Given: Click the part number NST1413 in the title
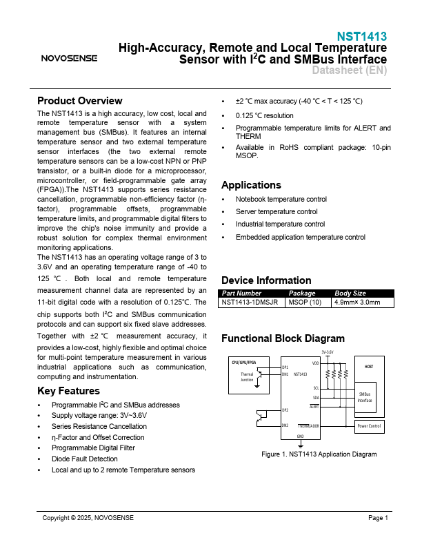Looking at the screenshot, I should point(361,37).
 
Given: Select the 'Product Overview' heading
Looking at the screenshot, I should point(79,100).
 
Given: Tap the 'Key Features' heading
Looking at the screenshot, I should point(68,391).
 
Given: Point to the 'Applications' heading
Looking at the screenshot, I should point(251,185).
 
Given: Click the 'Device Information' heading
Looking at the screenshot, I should point(266,280).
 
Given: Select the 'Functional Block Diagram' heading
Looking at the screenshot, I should point(283,338).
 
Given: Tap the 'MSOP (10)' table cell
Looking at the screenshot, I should point(305,303).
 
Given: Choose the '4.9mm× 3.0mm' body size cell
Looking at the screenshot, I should point(357,303).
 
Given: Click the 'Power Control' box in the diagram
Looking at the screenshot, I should point(369,426).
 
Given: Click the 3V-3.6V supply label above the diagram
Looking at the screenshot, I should point(328,352).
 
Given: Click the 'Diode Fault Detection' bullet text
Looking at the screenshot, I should point(84,459).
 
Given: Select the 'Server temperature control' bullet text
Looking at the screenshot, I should point(277,211).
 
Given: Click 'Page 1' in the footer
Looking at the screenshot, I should point(378,518).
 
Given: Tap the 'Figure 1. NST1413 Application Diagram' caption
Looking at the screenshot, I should point(319,454).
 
